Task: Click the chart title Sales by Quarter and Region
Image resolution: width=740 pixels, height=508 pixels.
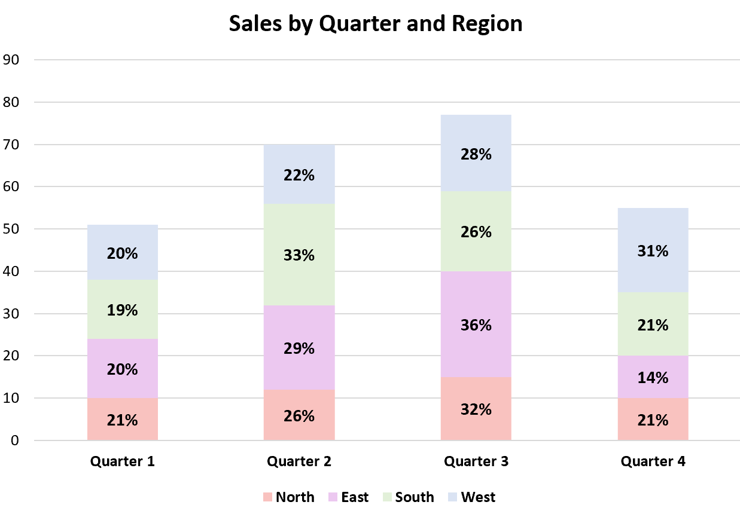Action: (376, 23)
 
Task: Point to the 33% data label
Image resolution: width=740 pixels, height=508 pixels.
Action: (299, 255)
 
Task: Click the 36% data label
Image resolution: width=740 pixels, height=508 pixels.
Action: (476, 326)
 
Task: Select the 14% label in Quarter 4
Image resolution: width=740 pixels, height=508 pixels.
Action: (653, 378)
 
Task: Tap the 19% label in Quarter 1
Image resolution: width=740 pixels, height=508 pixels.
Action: (123, 311)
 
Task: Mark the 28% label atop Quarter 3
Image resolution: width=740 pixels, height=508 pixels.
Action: (476, 154)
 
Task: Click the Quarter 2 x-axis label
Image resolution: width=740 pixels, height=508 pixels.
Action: (299, 461)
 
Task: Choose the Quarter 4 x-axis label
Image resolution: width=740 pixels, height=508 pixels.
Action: (653, 461)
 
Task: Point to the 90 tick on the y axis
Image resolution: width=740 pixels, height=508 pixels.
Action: (12, 60)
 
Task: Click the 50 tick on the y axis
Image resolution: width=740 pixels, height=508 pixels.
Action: (12, 229)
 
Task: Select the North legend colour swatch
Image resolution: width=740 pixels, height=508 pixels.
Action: (267, 497)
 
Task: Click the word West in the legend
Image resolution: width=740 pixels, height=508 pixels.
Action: (478, 497)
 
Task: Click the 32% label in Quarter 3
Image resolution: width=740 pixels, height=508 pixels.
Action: (476, 410)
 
